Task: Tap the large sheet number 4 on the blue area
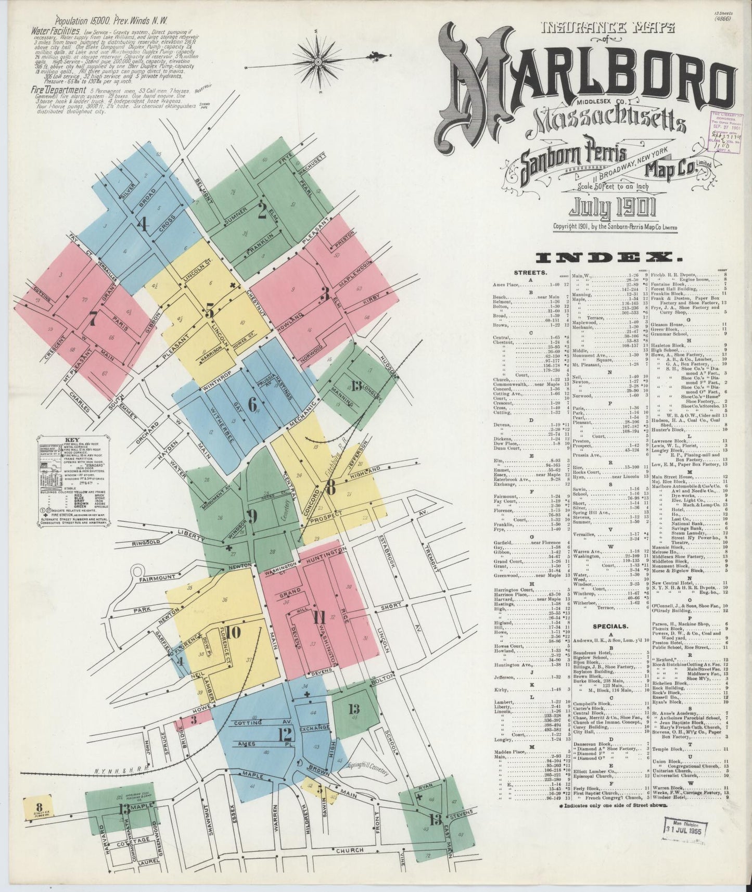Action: point(142,225)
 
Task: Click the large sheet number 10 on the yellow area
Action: point(233,632)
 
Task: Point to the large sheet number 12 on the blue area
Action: point(285,734)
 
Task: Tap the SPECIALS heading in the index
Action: point(608,627)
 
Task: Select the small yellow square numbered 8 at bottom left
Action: point(32,811)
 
